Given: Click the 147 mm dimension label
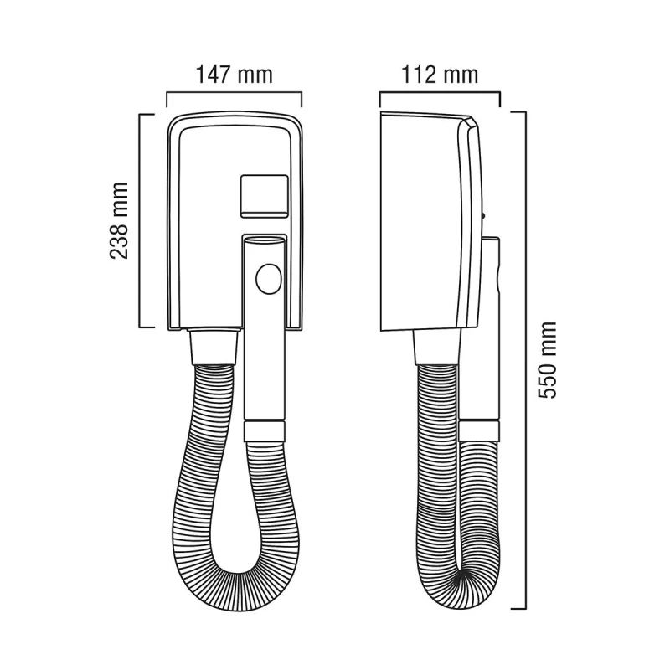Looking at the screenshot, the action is point(234,75).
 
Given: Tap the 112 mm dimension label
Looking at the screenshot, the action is point(440,75).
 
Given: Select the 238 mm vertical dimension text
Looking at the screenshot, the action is point(119,220).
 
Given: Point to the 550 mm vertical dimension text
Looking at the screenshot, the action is point(548,361).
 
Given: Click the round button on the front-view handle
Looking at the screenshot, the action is point(269,279).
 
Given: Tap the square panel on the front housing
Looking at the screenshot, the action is point(265,196).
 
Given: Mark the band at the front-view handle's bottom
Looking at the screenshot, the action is point(265,431).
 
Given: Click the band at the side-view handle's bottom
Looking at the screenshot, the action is point(479,430).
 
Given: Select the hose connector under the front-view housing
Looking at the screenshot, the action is point(214,346).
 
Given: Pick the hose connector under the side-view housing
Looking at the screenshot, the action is point(436,348).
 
